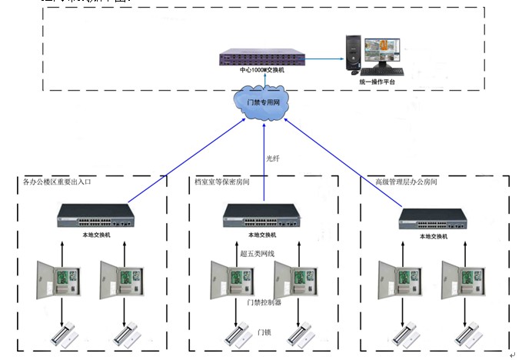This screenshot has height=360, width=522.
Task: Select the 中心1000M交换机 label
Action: (262, 70)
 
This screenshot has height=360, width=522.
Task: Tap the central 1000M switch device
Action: (262, 58)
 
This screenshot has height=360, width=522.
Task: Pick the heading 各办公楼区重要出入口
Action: (58, 182)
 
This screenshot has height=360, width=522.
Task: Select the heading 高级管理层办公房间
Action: (405, 182)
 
